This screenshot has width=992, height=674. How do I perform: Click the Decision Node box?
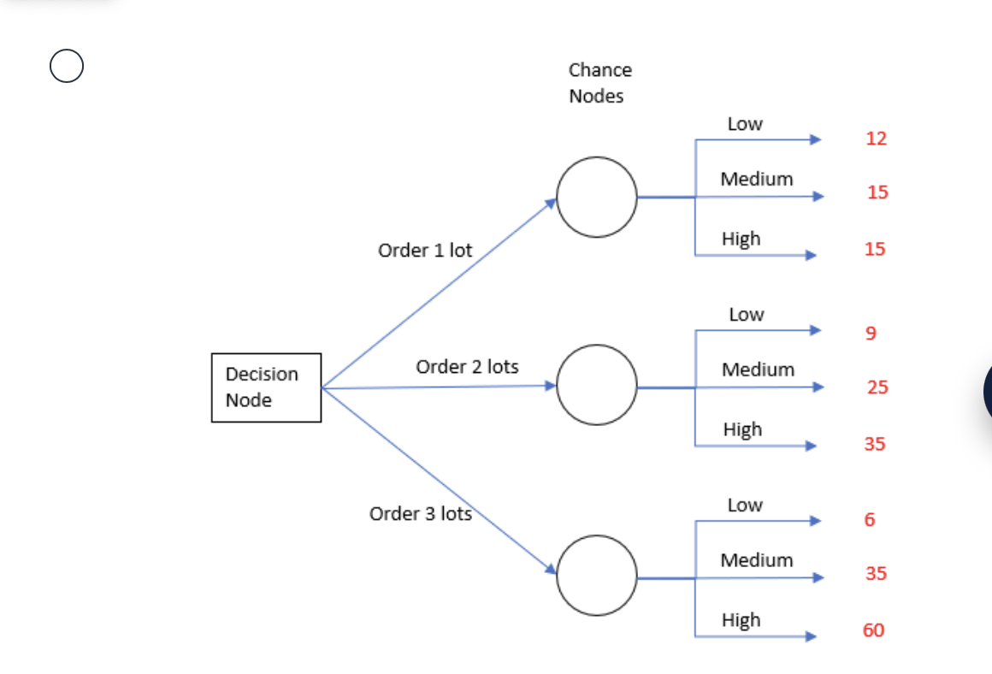(x=266, y=387)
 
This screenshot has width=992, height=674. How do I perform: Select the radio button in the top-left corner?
(x=67, y=66)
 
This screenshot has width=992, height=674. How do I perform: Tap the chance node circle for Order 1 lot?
(x=597, y=197)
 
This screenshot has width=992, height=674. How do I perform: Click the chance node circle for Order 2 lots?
(x=597, y=386)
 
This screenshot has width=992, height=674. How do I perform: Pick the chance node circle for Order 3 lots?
(x=597, y=576)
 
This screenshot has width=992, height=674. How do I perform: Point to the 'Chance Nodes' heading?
(x=599, y=83)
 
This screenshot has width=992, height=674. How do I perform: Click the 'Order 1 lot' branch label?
(x=425, y=251)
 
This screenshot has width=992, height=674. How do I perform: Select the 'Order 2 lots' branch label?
(x=467, y=367)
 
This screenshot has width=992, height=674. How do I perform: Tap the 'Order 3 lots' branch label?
(x=420, y=514)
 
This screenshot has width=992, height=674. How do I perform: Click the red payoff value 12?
(x=877, y=139)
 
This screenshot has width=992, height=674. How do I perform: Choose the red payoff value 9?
(x=871, y=333)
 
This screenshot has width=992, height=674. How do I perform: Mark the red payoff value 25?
(x=877, y=387)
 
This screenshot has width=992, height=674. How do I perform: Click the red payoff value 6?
(x=870, y=520)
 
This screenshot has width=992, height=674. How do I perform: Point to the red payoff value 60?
(x=874, y=631)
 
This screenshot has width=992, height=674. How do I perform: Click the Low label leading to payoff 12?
(x=745, y=124)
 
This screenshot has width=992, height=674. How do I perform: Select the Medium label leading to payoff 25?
(x=758, y=370)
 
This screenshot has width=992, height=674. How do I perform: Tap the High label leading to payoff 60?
(x=741, y=620)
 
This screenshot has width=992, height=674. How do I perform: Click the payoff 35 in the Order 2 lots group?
(x=874, y=444)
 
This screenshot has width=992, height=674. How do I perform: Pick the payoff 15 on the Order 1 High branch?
(x=874, y=250)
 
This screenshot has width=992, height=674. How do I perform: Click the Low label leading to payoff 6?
(x=745, y=505)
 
